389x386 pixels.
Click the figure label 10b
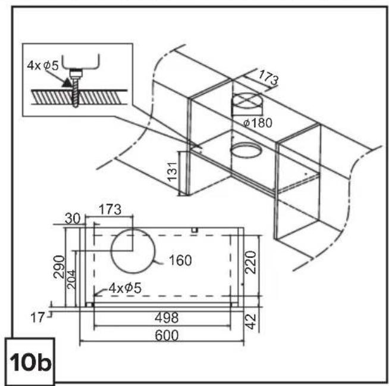30,362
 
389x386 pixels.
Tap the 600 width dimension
167,335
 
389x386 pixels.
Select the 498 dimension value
167,317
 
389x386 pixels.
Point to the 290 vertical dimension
59,267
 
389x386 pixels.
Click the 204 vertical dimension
72,279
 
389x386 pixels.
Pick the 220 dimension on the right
250,262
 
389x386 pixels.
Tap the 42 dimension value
251,322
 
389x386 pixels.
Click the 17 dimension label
37,317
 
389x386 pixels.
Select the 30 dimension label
73,219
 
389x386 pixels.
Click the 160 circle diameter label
180,260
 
